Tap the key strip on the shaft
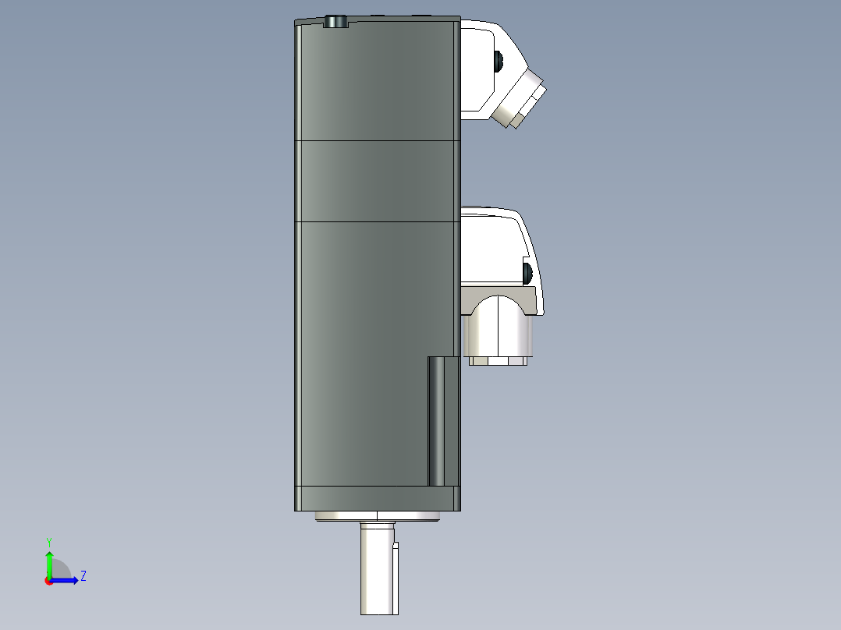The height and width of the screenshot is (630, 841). click(396, 577)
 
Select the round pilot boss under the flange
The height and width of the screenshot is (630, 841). click(377, 515)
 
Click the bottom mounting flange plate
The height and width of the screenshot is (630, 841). click(377, 497)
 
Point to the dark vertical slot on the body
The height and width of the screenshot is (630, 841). click(442, 420)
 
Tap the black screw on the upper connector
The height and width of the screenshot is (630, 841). click(498, 60)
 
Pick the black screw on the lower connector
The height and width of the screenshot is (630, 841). click(527, 273)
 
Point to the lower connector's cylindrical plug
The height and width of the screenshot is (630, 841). click(498, 327)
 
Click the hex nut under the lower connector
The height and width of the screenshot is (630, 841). click(498, 361)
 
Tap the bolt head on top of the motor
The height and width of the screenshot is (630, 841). click(335, 21)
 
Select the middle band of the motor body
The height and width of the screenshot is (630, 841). click(377, 181)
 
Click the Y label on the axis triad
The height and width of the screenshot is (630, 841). click(48, 541)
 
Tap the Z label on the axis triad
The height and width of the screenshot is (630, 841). click(83, 576)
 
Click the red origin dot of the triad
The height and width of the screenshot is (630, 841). click(48, 580)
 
